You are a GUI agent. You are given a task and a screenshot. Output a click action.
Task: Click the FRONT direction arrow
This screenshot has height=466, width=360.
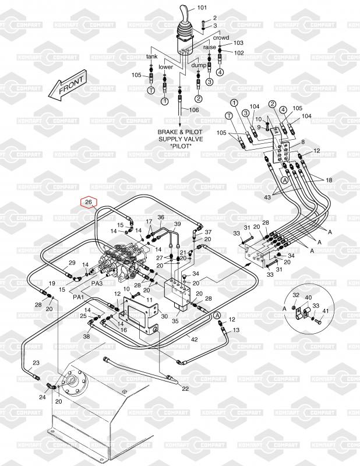68,86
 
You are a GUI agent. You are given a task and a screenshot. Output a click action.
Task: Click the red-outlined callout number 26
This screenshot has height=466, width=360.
89,202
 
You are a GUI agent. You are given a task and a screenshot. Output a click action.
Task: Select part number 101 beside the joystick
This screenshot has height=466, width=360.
202,8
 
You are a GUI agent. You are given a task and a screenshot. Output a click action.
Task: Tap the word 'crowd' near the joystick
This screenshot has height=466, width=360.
221,37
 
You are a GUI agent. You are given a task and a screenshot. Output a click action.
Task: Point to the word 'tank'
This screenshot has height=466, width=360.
151,57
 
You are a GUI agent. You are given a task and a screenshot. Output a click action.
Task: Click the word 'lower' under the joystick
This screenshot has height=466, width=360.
166,67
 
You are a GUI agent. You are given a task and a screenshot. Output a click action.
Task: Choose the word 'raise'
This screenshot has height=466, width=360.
210,47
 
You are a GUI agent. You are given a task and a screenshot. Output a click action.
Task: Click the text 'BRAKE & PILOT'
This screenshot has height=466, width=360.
180,132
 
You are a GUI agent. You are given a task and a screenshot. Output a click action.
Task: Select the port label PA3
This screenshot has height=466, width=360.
97,283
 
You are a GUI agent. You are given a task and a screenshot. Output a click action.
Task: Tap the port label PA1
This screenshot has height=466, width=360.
78,296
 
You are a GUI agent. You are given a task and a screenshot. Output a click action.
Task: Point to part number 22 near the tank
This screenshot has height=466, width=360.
185,389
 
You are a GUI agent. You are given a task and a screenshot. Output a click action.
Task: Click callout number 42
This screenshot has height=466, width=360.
195,339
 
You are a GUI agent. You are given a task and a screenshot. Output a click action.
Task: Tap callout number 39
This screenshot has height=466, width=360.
177,224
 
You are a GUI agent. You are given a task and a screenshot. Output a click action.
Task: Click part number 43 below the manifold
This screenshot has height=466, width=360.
267,198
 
